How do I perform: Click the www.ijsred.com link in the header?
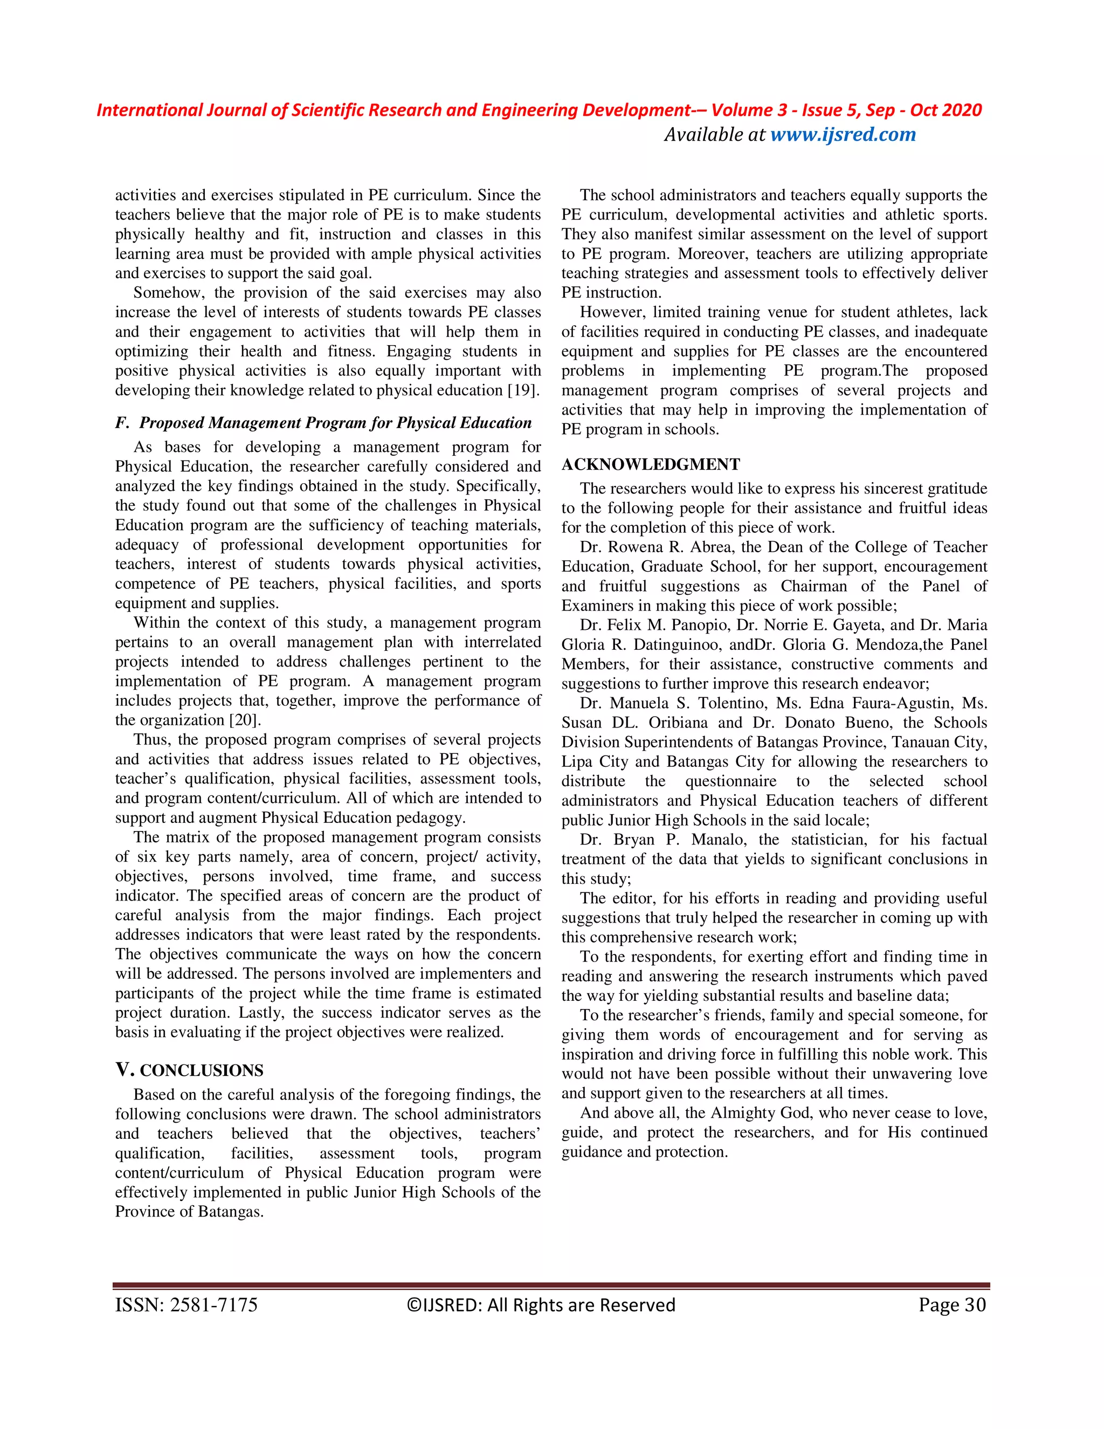pos(843,135)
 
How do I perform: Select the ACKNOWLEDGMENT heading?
pos(650,464)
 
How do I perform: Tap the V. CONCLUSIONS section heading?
pos(189,1070)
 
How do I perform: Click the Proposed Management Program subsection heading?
pos(335,423)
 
